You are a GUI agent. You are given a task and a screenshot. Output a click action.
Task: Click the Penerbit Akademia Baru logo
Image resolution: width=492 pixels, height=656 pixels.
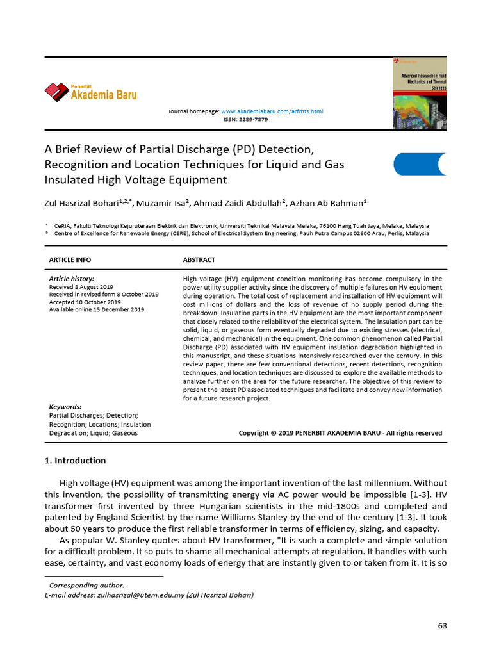[90, 93]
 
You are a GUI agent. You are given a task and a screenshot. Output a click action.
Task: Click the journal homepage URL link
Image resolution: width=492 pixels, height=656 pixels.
[272, 111]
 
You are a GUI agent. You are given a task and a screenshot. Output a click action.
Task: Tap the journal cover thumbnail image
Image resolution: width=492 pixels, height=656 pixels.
[419, 94]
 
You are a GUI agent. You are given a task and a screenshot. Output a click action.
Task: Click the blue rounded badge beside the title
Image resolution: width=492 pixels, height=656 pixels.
[420, 165]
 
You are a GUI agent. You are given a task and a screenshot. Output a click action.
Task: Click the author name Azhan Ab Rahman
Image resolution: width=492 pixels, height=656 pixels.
[326, 204]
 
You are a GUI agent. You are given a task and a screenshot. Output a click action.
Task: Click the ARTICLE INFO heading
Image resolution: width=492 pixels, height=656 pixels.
[70, 260]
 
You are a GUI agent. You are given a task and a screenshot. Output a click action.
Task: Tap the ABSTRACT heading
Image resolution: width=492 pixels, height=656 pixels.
[199, 260]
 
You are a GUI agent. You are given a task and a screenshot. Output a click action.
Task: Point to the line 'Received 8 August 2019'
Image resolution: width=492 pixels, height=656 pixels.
[81, 287]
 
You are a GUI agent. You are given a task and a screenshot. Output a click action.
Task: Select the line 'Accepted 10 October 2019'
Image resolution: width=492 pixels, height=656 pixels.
[85, 302]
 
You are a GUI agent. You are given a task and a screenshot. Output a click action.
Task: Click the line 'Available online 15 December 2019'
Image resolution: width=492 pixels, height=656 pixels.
[97, 309]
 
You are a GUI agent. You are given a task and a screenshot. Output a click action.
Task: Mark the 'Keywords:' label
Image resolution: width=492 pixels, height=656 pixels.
[65, 407]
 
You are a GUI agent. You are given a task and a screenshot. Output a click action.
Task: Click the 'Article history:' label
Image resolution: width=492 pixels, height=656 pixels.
[72, 279]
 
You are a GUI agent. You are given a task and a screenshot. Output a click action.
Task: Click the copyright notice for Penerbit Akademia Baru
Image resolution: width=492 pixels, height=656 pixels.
[340, 433]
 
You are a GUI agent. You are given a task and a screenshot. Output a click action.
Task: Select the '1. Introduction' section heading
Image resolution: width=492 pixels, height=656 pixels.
[75, 461]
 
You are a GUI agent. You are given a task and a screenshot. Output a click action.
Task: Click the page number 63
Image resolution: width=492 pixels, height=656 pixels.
[442, 626]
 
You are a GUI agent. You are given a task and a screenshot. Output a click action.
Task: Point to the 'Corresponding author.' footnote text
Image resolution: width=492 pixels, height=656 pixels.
[87, 586]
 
